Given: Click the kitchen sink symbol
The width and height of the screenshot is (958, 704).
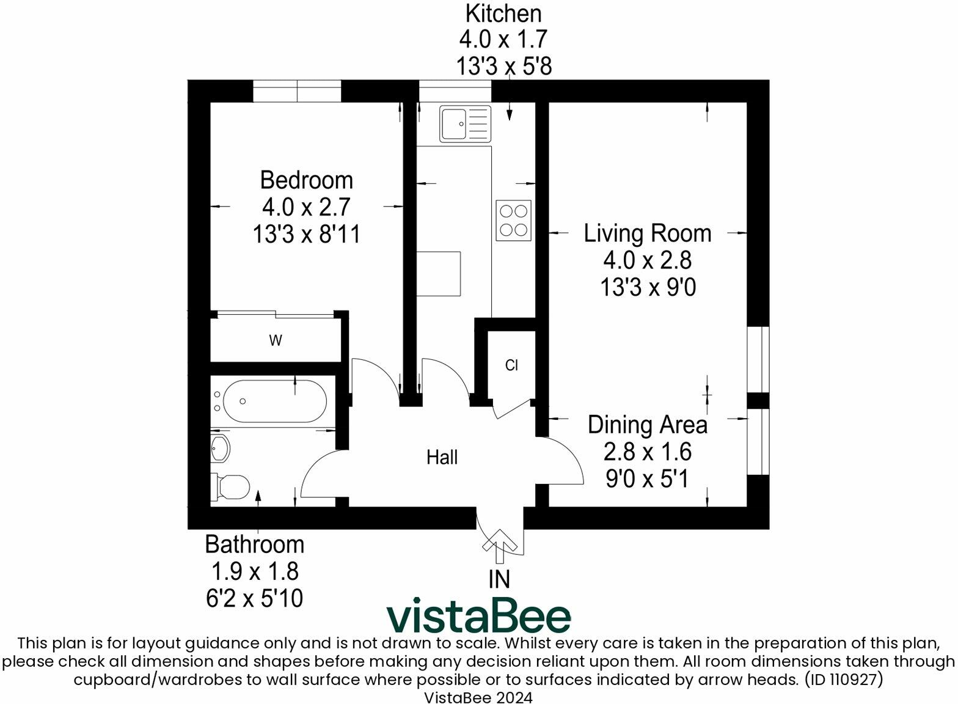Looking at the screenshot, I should [465, 123].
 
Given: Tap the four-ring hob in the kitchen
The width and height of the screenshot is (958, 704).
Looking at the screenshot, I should [513, 221].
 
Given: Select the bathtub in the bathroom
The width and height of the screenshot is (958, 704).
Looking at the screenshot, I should [274, 402].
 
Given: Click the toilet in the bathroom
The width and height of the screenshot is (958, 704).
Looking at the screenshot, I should [232, 487].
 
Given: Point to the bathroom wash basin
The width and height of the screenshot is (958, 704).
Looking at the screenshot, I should [220, 450].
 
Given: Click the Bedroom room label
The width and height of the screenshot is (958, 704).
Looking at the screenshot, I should [306, 180].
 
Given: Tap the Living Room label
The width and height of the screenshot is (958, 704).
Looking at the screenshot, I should [647, 233].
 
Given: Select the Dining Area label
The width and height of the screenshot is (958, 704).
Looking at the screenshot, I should [647, 425].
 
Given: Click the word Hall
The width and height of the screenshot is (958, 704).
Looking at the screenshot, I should [442, 457].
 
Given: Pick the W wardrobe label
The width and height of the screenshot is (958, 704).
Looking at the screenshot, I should [276, 341].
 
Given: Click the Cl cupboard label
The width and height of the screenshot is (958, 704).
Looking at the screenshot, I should [511, 365].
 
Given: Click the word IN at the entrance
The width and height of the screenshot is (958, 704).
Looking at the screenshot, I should [499, 579].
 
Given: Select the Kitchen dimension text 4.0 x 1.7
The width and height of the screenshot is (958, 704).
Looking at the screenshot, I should [503, 39].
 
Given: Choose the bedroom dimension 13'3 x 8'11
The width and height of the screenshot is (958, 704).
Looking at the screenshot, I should [306, 234].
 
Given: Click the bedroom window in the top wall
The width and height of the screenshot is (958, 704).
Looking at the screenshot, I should [297, 91].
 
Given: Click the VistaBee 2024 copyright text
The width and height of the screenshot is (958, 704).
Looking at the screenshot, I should [478, 697].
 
